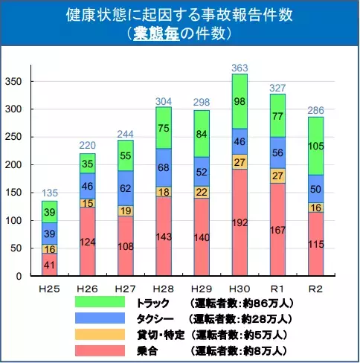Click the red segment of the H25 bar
(x=50, y=264)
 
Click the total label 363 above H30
(x=240, y=68)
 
